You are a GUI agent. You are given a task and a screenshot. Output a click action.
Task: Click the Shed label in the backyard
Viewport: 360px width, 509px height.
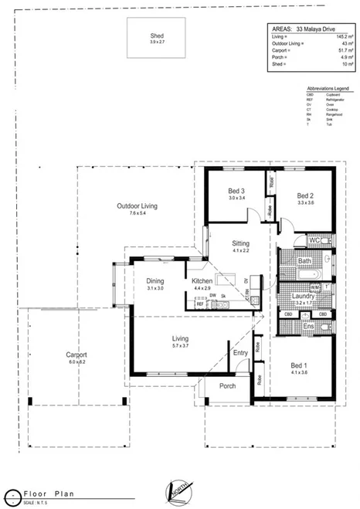click(x=157, y=36)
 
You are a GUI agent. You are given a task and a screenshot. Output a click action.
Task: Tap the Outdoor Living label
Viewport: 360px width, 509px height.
click(x=137, y=206)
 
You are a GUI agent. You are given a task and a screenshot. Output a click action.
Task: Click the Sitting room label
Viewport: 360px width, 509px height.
click(x=240, y=243)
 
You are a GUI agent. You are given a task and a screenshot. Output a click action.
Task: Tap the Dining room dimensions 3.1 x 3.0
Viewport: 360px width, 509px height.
click(x=155, y=288)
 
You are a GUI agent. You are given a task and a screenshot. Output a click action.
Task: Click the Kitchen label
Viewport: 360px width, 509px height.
click(x=202, y=281)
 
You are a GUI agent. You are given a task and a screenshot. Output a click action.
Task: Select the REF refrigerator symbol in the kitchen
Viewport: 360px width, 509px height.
click(x=199, y=304)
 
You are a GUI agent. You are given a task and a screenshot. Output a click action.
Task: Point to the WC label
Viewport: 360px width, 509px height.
click(x=314, y=241)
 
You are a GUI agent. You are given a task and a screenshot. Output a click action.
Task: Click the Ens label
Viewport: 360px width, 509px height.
click(x=307, y=327)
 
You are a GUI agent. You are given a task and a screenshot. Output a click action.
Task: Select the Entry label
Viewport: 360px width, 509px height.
click(x=240, y=353)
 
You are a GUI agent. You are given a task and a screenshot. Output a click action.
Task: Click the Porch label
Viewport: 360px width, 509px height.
click(x=227, y=385)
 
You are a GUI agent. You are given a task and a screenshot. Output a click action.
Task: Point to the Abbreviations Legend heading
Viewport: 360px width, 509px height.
click(x=328, y=89)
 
